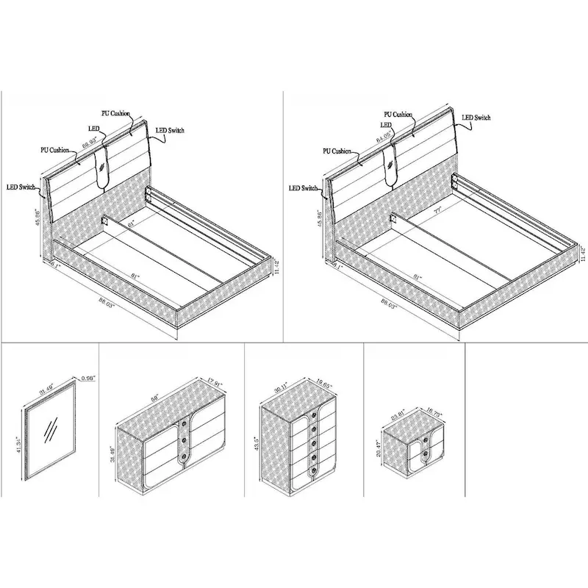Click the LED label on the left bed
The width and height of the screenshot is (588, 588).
pyautogui.click(x=94, y=129)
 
